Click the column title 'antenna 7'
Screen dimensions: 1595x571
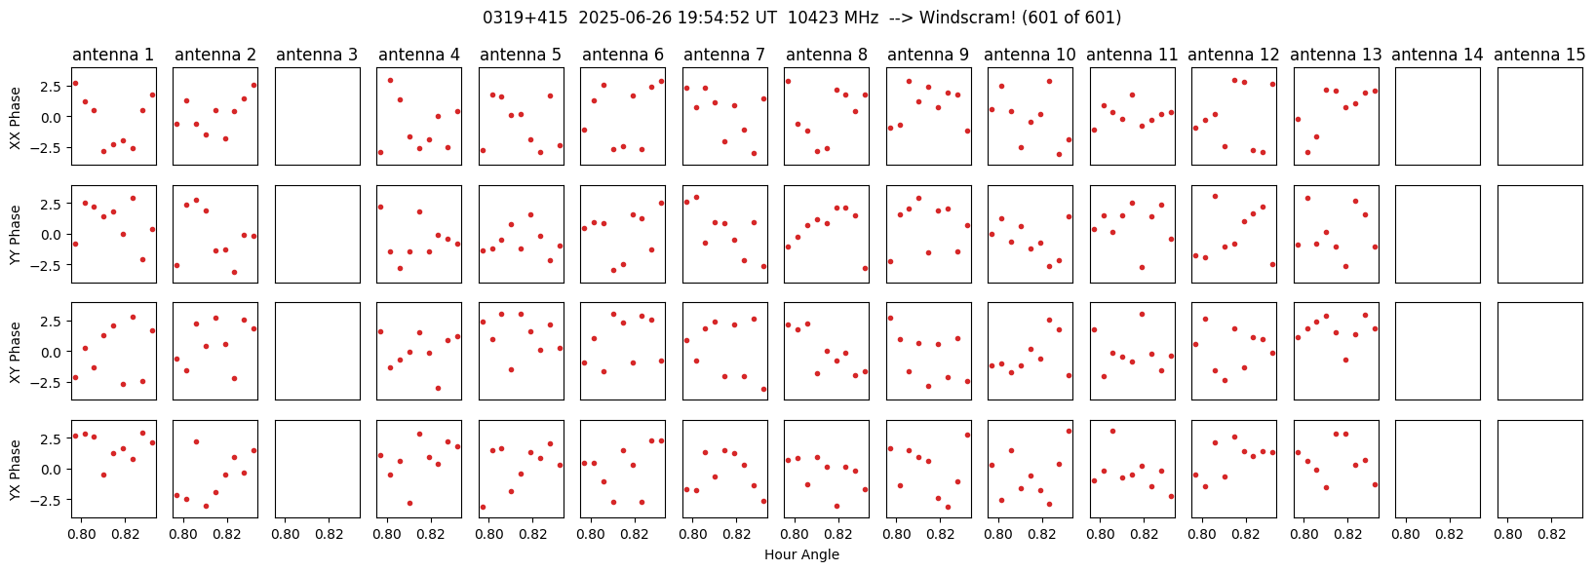click(724, 55)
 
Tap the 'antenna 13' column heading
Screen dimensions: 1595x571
click(1335, 55)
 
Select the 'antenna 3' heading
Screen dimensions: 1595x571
click(317, 55)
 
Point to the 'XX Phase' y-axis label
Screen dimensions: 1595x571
click(15, 117)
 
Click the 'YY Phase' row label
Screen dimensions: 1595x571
click(15, 235)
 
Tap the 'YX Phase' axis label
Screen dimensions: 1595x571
click(15, 470)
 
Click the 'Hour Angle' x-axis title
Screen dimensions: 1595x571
click(801, 554)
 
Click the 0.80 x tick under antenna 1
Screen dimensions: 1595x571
click(82, 533)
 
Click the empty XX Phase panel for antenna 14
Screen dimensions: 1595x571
click(1438, 116)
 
